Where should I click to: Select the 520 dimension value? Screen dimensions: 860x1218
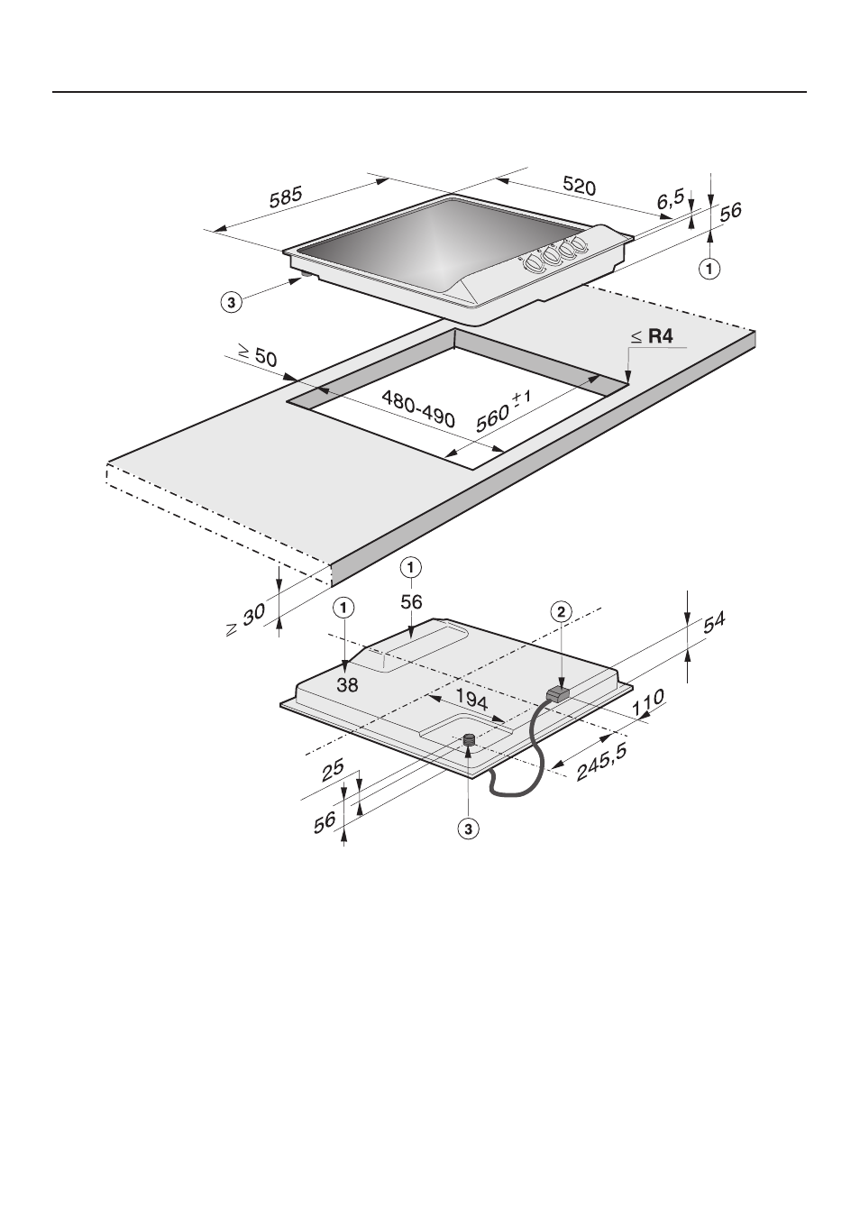point(579,186)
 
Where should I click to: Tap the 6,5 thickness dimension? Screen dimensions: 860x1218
point(671,200)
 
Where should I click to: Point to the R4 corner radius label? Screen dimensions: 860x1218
point(660,337)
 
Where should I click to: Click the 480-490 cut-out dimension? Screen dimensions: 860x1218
point(418,408)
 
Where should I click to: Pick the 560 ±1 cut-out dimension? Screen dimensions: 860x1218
point(503,413)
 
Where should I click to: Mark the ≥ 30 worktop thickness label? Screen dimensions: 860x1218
point(246,620)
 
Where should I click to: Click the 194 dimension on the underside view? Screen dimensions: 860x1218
point(471,700)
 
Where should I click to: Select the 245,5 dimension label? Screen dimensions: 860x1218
point(601,762)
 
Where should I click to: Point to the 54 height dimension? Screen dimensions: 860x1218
point(714,623)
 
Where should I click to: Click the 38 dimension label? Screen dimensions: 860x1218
point(347,685)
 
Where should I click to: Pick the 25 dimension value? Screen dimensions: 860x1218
point(332,771)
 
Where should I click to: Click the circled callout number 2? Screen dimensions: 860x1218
point(561,612)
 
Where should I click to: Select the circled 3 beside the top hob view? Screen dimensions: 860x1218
point(232,302)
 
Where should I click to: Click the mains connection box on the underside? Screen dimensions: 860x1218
point(557,694)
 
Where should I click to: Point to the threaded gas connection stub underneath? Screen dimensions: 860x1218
point(469,740)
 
